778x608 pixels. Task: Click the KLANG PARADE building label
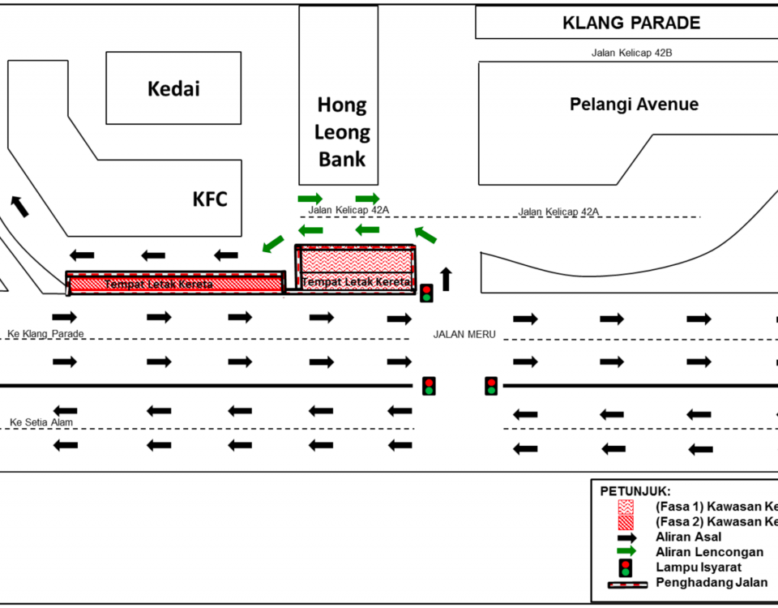click(x=631, y=23)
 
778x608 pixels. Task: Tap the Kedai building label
click(x=173, y=88)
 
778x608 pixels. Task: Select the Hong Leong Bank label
click(x=341, y=131)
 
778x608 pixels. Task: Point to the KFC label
click(x=210, y=199)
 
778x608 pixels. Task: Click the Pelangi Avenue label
click(x=634, y=104)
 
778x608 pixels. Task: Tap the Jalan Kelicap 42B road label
click(x=632, y=54)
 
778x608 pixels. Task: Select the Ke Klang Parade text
click(x=45, y=334)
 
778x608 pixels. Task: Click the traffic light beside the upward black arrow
click(x=426, y=292)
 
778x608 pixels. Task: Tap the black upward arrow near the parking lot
click(x=446, y=278)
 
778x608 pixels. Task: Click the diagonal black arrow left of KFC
click(x=19, y=206)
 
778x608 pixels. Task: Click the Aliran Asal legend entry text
click(x=688, y=537)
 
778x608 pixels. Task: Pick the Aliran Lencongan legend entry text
click(x=708, y=552)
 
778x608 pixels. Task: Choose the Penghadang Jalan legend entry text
click(x=711, y=583)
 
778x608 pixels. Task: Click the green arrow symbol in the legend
click(x=626, y=551)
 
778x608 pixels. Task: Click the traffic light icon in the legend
click(x=626, y=567)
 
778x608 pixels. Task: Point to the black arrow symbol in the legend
click(x=626, y=537)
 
